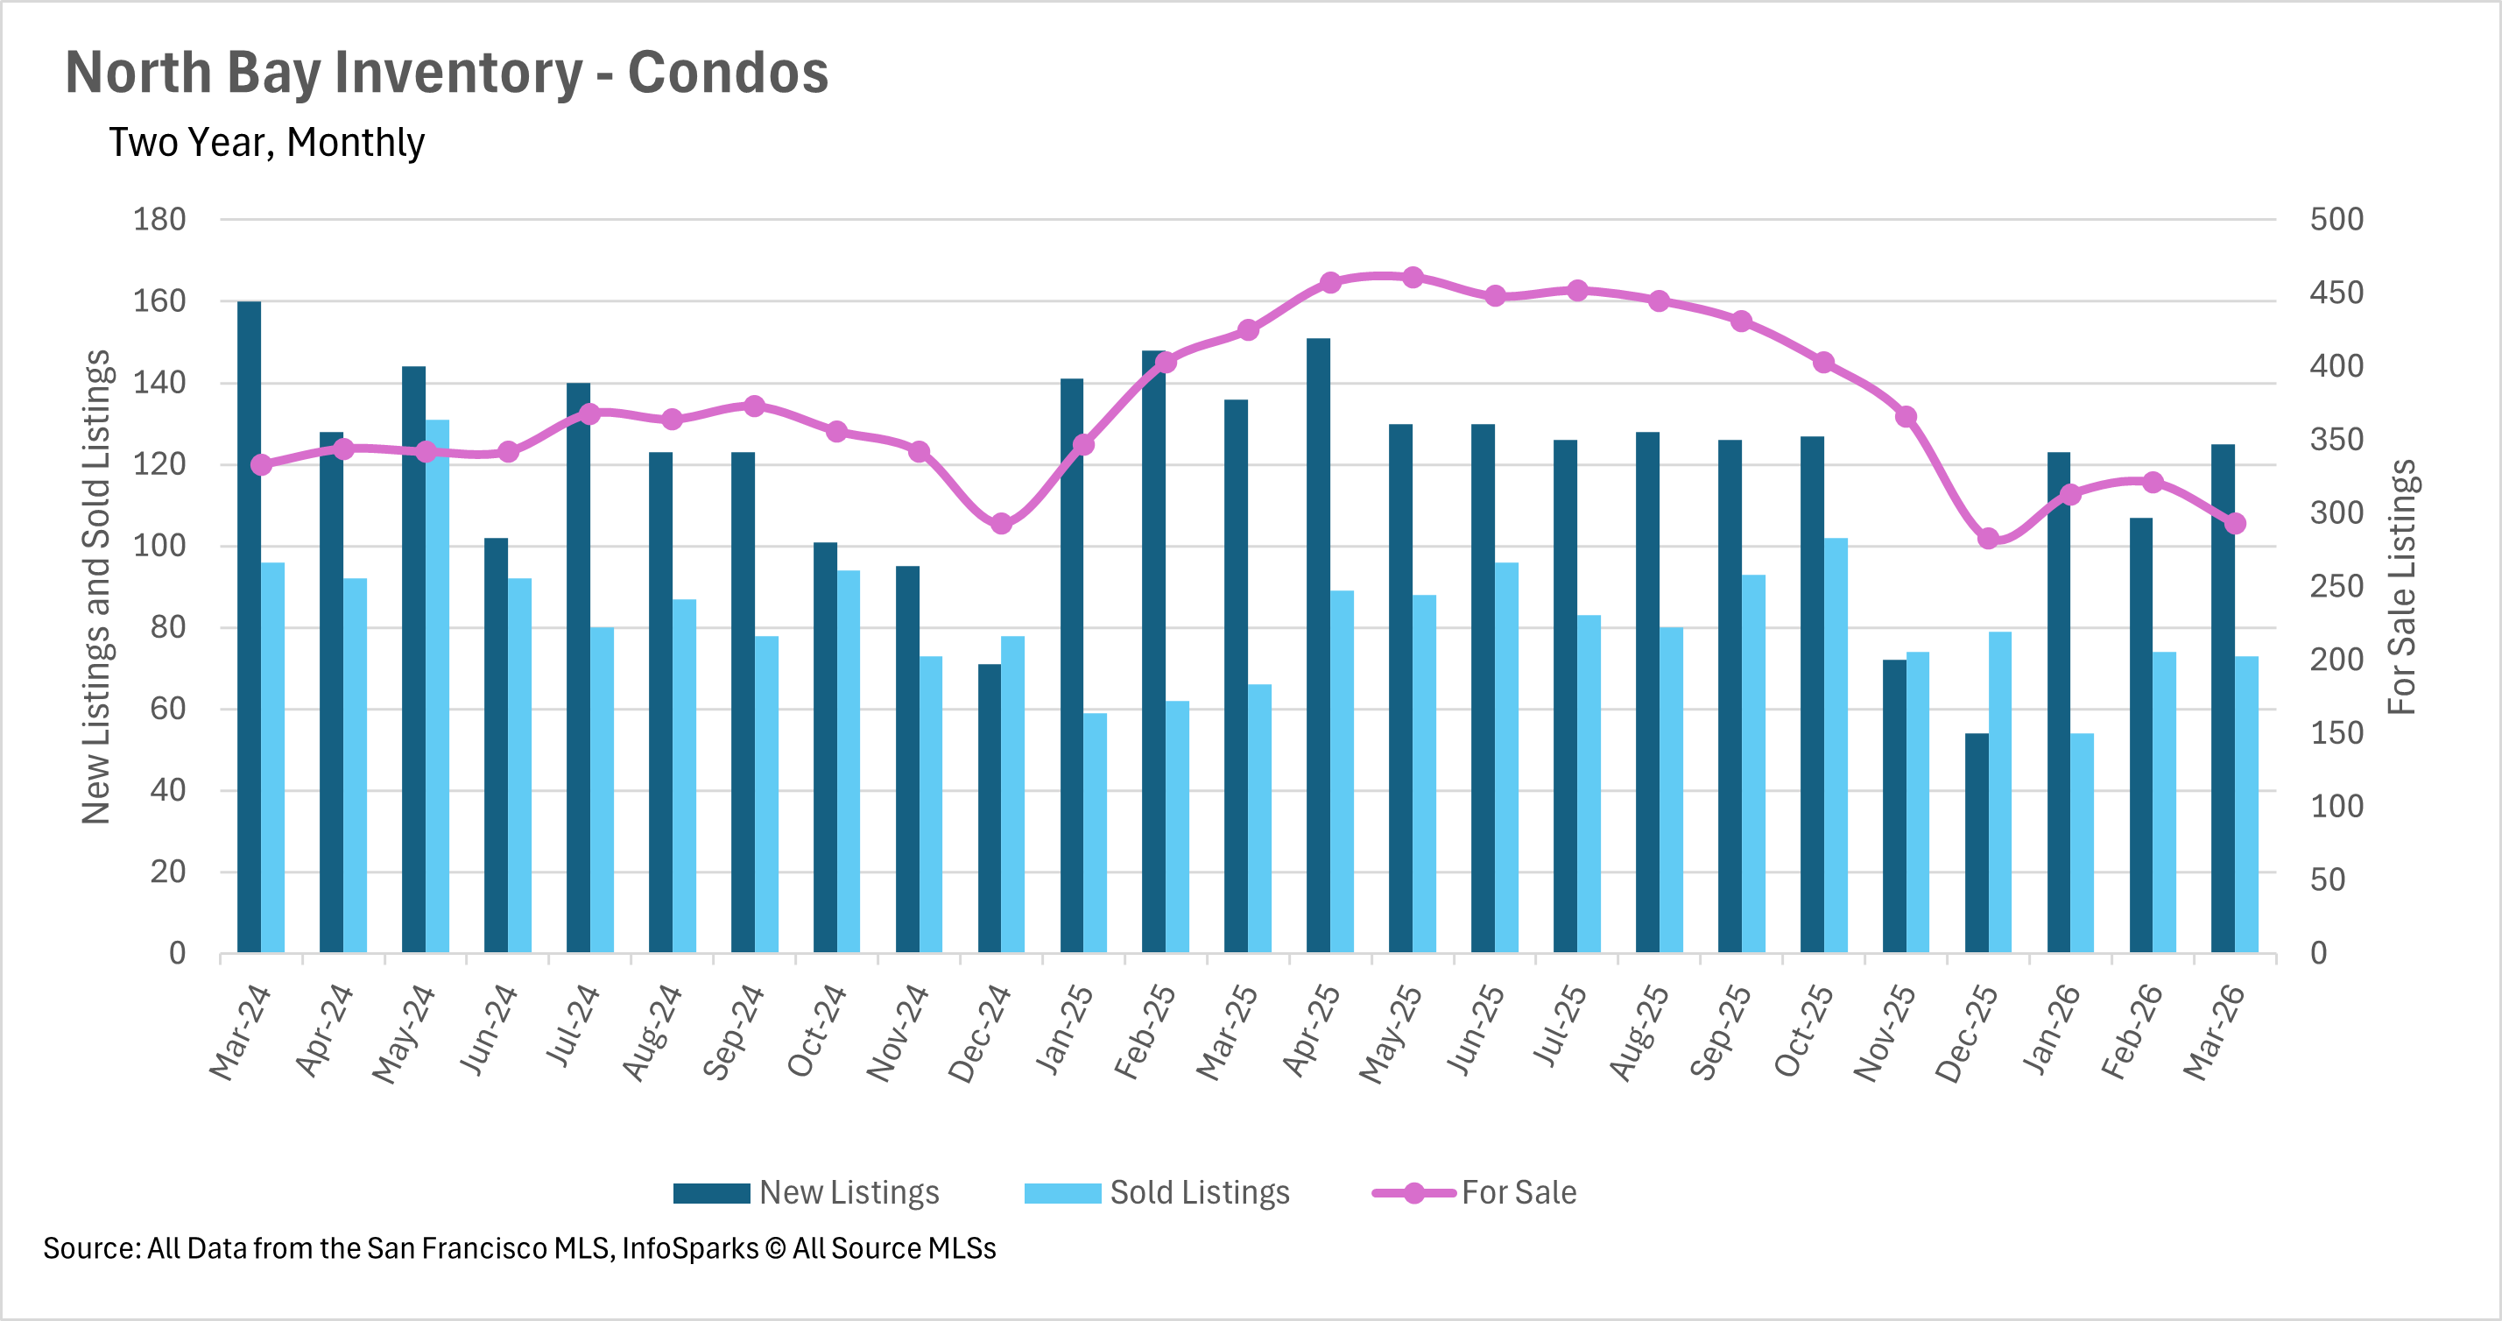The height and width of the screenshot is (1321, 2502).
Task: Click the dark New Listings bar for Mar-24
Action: point(249,626)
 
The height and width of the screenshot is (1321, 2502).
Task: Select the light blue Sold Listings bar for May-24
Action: point(437,685)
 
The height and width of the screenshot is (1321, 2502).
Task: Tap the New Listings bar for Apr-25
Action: point(1318,645)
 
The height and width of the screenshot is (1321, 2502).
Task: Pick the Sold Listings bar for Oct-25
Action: point(1836,745)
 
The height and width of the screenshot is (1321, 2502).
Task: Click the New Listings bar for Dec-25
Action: point(1977,842)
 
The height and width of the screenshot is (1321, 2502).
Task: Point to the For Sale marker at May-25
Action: point(1413,278)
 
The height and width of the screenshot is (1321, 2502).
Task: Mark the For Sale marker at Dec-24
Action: point(1001,525)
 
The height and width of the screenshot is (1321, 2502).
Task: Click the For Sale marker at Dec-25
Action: point(1988,538)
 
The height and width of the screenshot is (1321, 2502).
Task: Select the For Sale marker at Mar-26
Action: point(2235,524)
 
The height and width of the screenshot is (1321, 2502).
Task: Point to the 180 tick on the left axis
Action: point(159,220)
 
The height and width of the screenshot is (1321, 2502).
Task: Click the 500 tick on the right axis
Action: point(2336,220)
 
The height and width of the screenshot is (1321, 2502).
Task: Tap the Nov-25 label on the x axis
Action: point(1885,1033)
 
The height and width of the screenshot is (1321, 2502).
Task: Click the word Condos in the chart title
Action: point(728,73)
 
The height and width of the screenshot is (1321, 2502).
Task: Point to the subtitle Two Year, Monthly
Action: point(266,143)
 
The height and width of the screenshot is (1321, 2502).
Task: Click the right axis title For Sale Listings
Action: point(2401,587)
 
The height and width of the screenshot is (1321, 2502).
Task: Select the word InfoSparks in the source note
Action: point(689,1248)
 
